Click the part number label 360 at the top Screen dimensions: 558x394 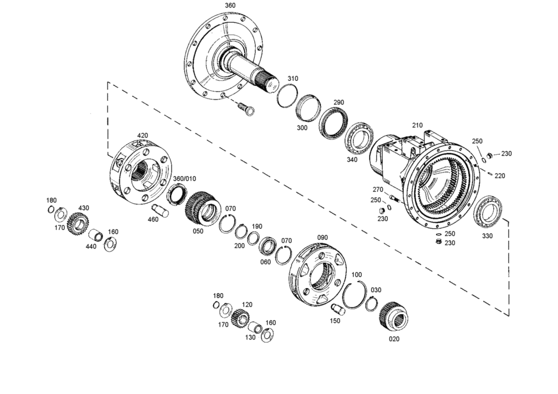[230, 5]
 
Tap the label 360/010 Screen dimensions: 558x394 [184, 179]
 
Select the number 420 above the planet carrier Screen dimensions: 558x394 [142, 135]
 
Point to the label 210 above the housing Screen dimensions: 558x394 [417, 125]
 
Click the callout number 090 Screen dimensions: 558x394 [322, 238]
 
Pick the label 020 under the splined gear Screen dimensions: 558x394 [394, 339]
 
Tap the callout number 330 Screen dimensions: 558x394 [487, 236]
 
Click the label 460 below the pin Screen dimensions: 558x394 [153, 219]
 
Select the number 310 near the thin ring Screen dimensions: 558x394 [293, 78]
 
